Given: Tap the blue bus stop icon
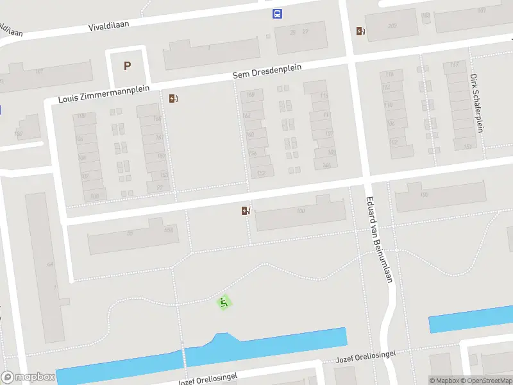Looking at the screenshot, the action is [278, 14].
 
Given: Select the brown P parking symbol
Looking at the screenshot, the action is [127, 65].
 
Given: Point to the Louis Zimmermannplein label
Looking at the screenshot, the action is [103, 94].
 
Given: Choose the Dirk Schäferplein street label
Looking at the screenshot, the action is [476, 103].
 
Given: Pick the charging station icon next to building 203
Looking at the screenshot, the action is [360, 31].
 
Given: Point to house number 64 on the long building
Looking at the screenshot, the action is [50, 264].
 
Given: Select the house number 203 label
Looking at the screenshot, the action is [392, 26].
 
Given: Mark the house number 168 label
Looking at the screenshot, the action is [250, 95].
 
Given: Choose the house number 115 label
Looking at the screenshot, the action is [324, 96].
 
